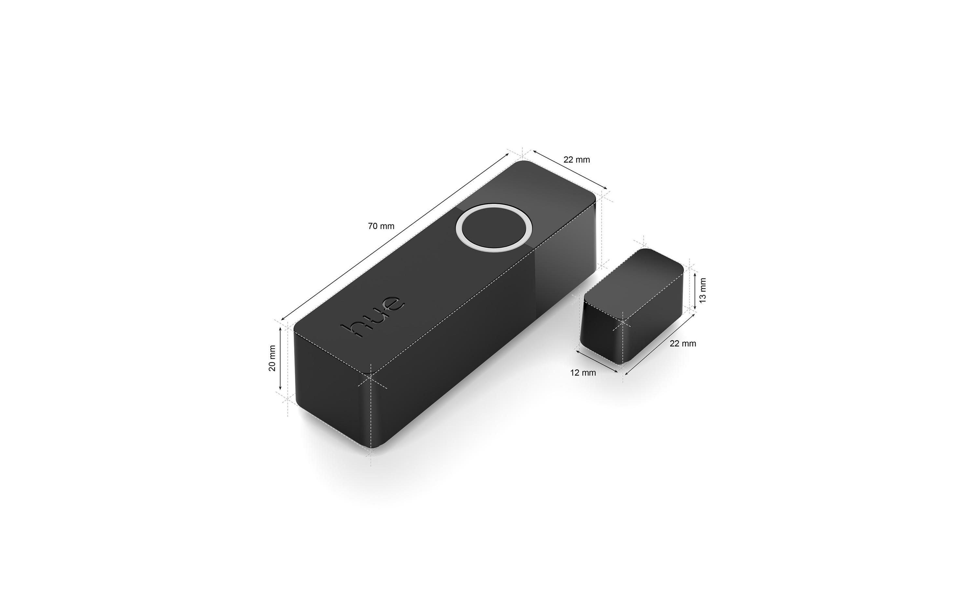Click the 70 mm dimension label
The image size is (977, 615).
pos(381,226)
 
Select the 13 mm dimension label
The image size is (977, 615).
pos(703,290)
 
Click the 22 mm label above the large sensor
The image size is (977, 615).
pos(576,160)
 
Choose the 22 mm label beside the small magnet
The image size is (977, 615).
pos(683,343)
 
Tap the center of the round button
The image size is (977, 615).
pos(494,228)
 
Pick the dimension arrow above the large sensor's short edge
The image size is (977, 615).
pos(570,170)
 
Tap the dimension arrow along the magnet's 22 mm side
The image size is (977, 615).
pos(658,345)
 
